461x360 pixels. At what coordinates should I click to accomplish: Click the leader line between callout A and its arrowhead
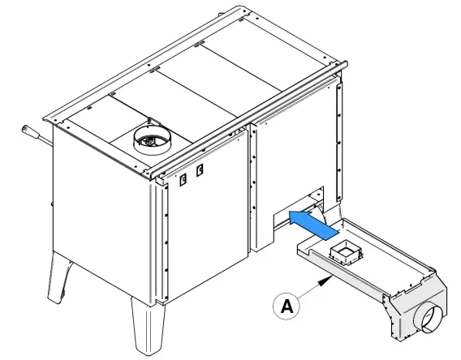coord(308,294)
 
